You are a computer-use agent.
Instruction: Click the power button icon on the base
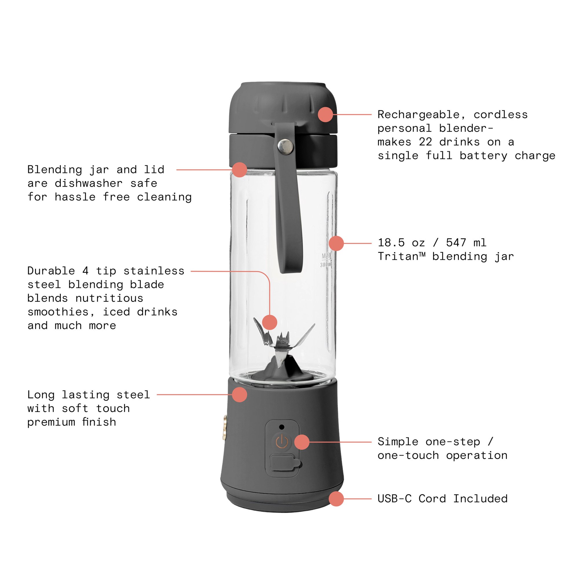tap(282, 442)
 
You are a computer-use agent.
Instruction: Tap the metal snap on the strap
tap(286, 146)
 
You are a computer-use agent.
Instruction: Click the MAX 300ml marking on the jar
tap(326, 260)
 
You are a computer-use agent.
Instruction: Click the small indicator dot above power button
tap(282, 427)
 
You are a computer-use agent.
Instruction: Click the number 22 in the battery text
tap(425, 142)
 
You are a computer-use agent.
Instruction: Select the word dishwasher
tap(88, 184)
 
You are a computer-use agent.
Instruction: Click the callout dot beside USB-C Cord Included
tap(336, 499)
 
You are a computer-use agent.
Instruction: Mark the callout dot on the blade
tap(270, 322)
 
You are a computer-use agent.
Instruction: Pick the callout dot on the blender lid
tap(325, 114)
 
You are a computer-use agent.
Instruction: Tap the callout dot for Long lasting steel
tap(239, 394)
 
